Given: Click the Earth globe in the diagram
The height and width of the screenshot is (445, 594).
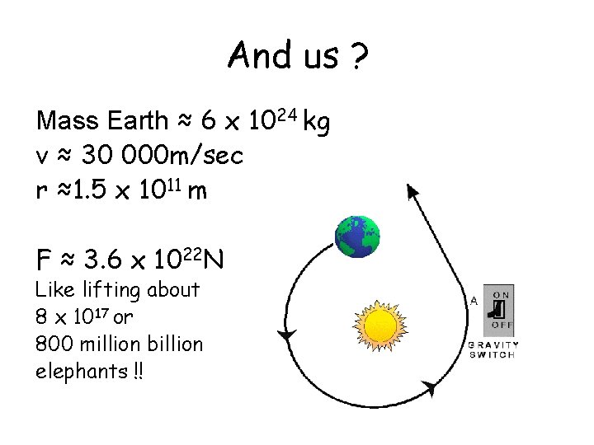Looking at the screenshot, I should (357, 237).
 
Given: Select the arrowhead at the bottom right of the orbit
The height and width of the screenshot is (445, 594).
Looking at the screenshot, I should (429, 386).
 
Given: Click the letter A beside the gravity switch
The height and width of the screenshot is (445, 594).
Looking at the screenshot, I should (474, 301).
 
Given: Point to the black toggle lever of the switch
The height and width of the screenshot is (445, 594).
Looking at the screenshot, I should (497, 310).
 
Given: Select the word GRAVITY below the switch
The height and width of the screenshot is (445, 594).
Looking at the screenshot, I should (493, 344).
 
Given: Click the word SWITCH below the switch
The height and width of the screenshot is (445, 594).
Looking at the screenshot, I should (493, 354).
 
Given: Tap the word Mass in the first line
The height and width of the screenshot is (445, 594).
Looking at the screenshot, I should (67, 122).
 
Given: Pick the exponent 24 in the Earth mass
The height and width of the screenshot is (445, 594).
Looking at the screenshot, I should (285, 115).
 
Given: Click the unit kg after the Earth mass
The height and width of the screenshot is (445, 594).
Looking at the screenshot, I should (317, 123).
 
